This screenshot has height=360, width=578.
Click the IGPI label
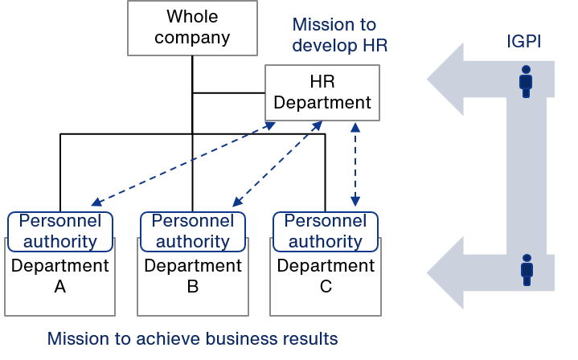click(x=523, y=42)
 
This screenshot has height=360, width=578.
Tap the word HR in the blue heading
click(x=373, y=46)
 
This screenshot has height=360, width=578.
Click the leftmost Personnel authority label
click(x=60, y=231)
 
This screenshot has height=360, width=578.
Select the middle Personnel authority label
click(x=193, y=231)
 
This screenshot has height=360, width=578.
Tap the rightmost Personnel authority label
click(x=326, y=231)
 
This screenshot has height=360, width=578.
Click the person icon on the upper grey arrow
click(x=526, y=81)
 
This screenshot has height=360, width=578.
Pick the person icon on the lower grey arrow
click(x=527, y=270)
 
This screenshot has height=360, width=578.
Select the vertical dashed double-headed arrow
click(x=355, y=165)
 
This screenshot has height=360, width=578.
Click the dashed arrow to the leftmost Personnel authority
click(x=183, y=164)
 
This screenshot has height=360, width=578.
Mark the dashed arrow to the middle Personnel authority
click(x=277, y=164)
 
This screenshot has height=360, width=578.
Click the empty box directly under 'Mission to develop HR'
click(x=322, y=92)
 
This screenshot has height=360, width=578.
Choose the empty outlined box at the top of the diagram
click(x=192, y=28)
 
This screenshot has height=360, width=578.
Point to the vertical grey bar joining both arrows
click(x=527, y=177)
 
